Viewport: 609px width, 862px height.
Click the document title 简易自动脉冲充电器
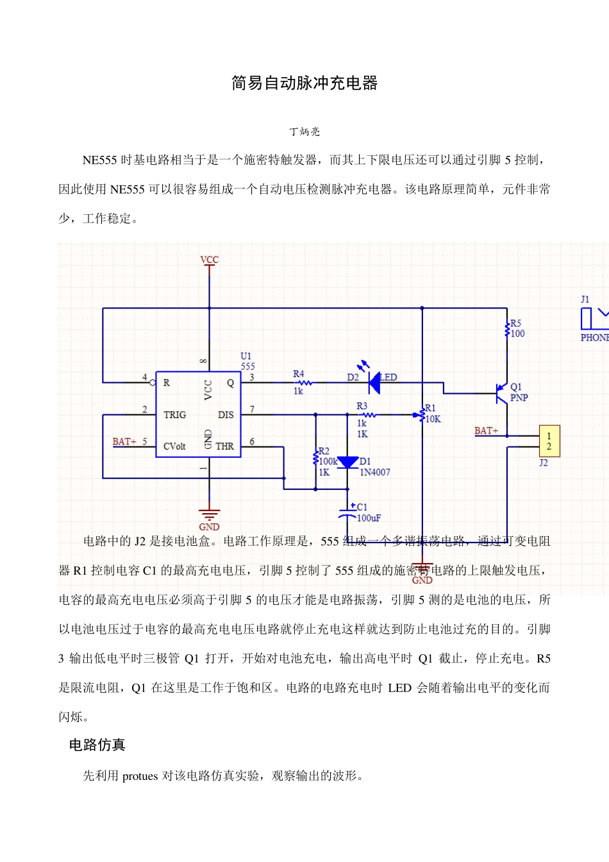click(304, 83)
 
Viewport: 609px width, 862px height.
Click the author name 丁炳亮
click(304, 131)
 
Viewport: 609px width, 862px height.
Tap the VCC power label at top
click(209, 260)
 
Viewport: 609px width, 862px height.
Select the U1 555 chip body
click(198, 414)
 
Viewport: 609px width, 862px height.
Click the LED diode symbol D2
click(374, 382)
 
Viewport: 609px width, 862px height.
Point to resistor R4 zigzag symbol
click(303, 383)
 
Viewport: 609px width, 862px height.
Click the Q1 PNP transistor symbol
click(501, 393)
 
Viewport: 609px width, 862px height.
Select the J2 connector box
click(549, 441)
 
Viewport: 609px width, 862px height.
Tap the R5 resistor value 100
click(517, 334)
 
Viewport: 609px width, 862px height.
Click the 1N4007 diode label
click(374, 473)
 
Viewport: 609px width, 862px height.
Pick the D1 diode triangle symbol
click(347, 462)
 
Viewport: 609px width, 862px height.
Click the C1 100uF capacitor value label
click(369, 518)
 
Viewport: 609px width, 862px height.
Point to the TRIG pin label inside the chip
click(174, 415)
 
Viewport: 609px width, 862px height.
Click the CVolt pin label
click(174, 446)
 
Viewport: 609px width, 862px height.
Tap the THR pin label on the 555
click(224, 446)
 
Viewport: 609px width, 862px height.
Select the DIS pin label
click(226, 415)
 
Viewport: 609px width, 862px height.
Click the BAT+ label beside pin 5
click(124, 442)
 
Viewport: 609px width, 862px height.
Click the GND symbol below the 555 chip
click(209, 517)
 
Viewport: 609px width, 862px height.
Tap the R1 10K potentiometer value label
click(433, 419)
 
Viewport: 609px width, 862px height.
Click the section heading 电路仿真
click(97, 745)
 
